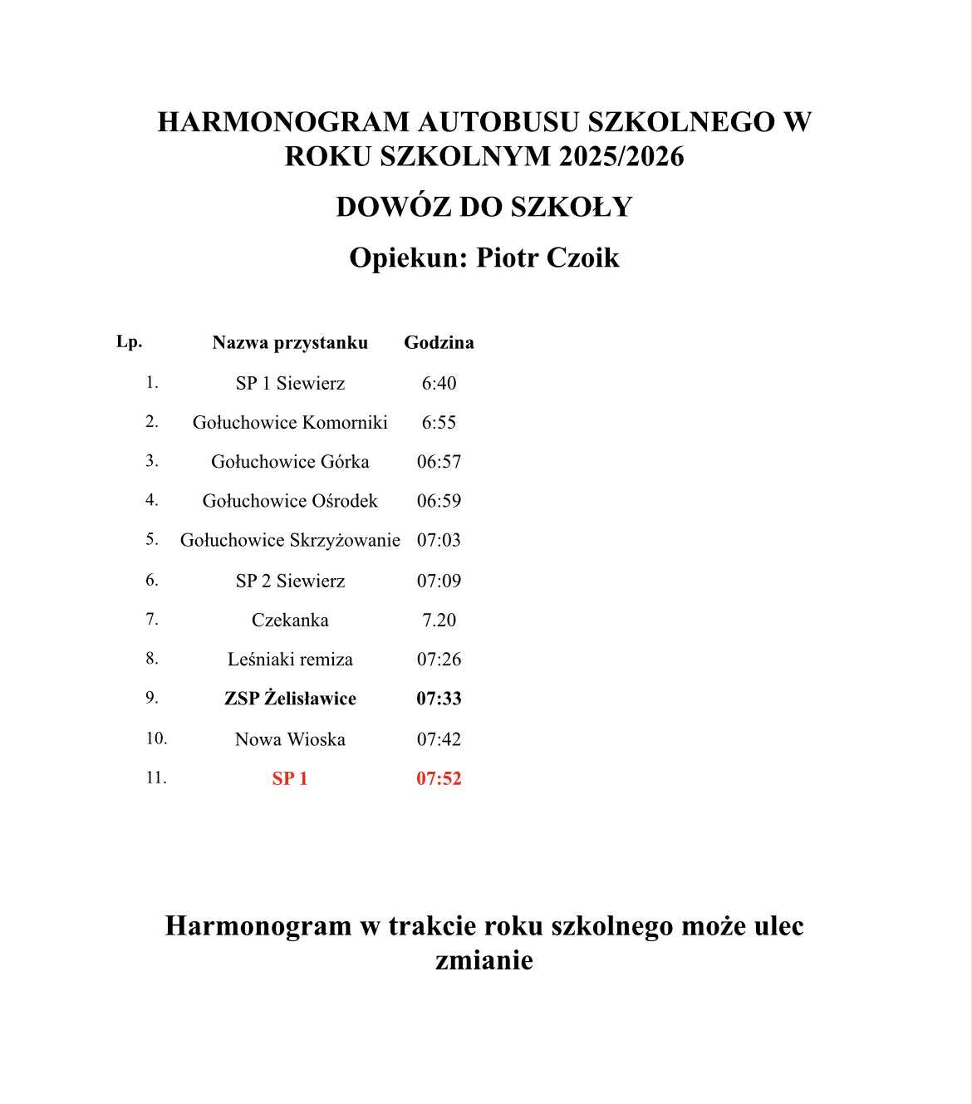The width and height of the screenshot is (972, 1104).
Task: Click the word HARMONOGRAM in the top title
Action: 283,122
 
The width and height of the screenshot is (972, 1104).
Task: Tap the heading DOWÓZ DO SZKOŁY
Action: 484,207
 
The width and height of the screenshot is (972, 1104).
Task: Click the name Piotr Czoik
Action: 547,258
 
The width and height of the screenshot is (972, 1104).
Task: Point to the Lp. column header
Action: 129,341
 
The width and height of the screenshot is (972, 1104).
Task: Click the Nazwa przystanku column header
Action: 290,342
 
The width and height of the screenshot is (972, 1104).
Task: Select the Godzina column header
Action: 439,342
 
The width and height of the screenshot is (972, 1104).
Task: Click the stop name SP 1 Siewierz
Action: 290,383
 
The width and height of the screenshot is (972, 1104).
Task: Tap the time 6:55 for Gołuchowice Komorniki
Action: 439,422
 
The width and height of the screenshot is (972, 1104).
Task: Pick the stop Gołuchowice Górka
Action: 290,461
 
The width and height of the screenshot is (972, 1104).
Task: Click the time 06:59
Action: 439,501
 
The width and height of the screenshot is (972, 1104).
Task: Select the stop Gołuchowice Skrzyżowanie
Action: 290,540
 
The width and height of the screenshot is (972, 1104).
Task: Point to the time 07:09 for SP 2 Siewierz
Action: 439,581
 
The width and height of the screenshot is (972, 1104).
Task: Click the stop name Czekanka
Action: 290,620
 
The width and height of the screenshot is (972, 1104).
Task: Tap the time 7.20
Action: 439,620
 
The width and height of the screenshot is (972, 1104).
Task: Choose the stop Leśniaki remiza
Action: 290,659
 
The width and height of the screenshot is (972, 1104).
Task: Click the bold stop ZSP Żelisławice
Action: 290,699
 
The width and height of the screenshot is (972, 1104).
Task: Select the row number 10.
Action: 156,738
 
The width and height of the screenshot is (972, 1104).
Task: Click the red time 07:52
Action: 439,778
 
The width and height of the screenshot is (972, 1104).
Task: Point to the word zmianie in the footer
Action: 484,960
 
